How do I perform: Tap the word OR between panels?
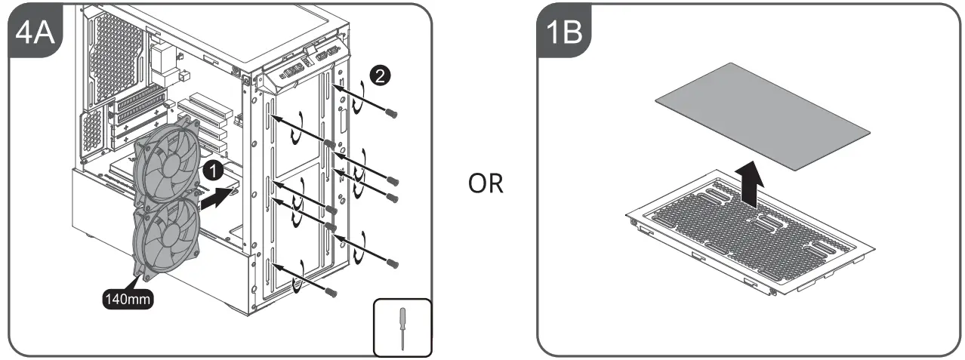[485, 183]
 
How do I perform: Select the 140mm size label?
[129, 299]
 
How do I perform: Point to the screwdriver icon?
[402, 327]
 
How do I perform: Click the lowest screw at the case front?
[330, 291]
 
